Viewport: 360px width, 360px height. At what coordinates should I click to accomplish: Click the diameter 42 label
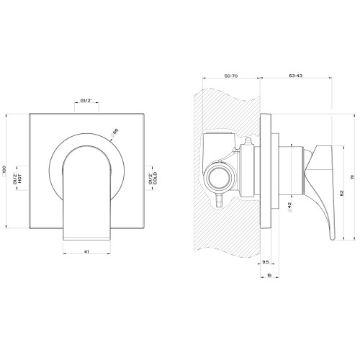click(289, 206)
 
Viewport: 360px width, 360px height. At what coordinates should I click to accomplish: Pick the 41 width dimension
click(86, 253)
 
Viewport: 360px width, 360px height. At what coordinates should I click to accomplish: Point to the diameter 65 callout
click(114, 131)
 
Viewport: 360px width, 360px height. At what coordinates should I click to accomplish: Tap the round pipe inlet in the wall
click(218, 175)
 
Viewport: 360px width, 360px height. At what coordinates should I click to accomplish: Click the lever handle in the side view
click(320, 184)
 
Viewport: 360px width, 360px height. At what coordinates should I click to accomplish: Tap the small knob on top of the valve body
click(246, 142)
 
